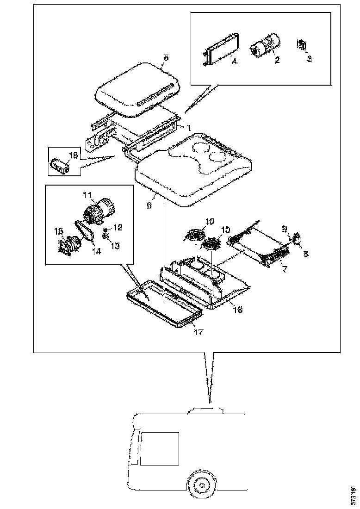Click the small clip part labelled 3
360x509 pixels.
click(302, 44)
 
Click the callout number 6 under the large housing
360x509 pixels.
click(149, 205)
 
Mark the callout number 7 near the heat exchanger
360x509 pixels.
click(285, 269)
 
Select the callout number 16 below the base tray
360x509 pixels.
click(238, 310)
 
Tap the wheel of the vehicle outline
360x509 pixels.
click(201, 484)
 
